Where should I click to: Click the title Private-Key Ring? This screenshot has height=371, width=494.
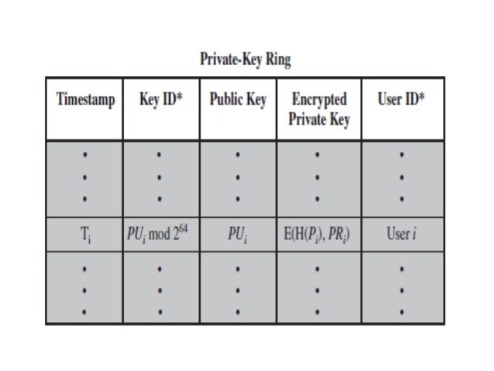(245, 60)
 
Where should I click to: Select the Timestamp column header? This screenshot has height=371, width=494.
(84, 101)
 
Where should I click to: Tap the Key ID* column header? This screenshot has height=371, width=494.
(160, 101)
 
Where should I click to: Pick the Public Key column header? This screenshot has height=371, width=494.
(238, 101)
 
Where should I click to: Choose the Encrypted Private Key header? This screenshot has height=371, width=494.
(319, 109)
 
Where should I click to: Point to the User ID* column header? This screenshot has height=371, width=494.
(401, 101)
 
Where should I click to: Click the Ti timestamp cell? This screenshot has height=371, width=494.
(84, 235)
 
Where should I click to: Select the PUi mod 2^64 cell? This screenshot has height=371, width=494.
(160, 235)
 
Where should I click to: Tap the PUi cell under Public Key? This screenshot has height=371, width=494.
(238, 235)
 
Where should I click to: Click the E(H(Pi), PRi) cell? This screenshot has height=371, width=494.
(319, 235)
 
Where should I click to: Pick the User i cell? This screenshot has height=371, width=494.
(401, 235)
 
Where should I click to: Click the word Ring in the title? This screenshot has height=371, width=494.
(277, 60)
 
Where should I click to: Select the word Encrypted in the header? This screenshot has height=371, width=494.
(319, 101)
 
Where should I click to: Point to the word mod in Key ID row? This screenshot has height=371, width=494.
(165, 235)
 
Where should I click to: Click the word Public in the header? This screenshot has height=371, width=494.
(225, 101)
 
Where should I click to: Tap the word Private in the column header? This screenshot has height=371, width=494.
(308, 119)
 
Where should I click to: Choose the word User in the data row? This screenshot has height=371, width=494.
(396, 235)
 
